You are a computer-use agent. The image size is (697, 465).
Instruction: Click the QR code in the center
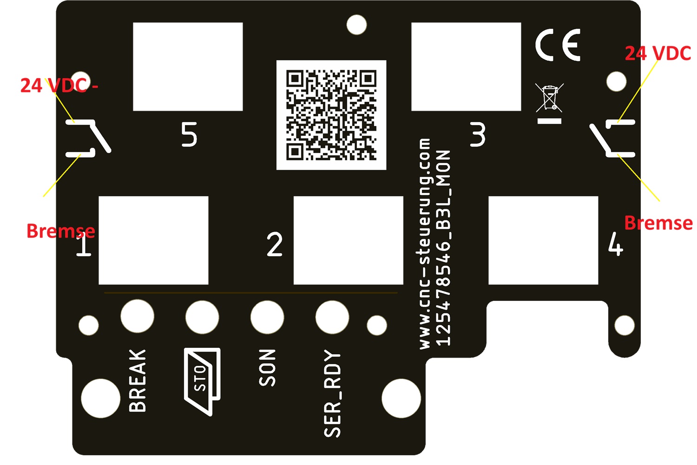(x=331, y=115)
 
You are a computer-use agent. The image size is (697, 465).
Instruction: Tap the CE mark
(x=558, y=45)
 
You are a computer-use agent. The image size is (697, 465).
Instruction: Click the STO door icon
(x=203, y=381)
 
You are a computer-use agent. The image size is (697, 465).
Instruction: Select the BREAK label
(x=137, y=380)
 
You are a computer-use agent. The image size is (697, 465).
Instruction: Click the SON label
(x=267, y=367)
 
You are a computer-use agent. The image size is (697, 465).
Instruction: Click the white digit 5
(x=189, y=134)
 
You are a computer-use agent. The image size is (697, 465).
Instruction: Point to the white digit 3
(x=477, y=134)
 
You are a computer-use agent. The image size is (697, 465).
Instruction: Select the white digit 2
(x=275, y=244)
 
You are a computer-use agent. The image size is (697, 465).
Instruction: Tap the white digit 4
(x=616, y=244)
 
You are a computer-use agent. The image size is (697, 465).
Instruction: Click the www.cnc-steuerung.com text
(x=425, y=244)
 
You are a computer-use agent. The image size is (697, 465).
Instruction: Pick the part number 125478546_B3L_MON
(x=443, y=248)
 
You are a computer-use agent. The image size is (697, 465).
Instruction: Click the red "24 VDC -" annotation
(x=59, y=86)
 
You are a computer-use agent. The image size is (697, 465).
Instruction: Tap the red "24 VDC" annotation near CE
(x=658, y=53)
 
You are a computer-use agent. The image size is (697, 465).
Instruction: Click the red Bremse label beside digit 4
(x=658, y=223)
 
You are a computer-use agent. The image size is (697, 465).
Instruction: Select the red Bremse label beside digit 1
(x=61, y=231)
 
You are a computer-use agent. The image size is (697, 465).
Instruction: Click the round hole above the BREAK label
(x=137, y=316)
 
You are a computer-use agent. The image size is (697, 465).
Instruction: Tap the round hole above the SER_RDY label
(x=332, y=317)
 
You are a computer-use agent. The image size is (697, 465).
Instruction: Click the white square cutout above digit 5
(x=188, y=66)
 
